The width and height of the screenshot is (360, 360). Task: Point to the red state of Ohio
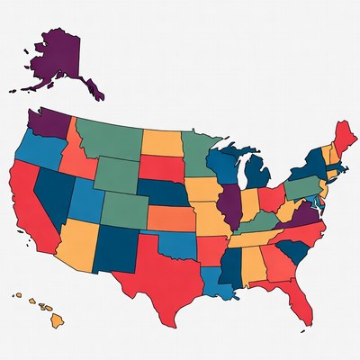tap(271, 198)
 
